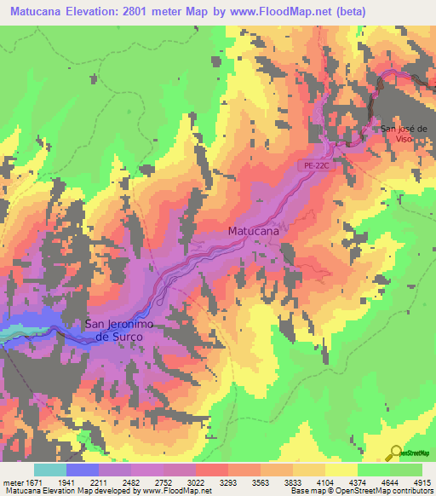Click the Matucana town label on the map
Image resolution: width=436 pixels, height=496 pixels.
coord(254,230)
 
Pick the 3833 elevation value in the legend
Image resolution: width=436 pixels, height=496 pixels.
coord(293,483)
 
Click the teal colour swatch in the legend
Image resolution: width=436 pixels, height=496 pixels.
coord(50,470)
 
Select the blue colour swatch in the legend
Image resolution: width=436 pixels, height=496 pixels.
coord(83,470)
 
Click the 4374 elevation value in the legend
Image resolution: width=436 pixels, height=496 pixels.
coord(358,483)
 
